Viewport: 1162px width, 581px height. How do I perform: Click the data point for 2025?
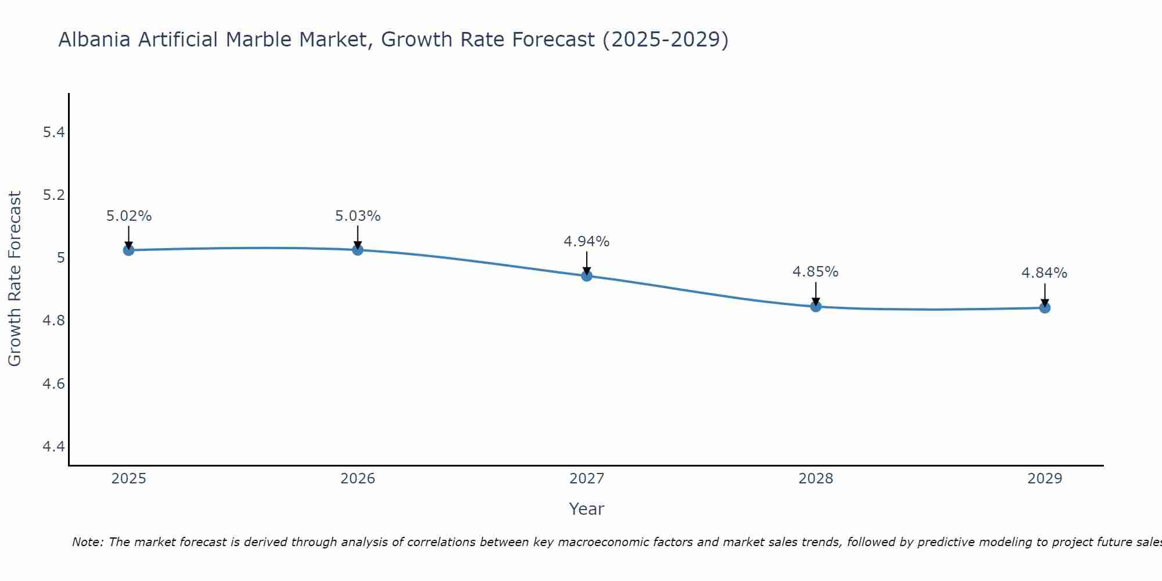pos(128,250)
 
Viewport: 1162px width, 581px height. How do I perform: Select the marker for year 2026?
pos(358,250)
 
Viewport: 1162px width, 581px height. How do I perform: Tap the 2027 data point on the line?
pos(587,275)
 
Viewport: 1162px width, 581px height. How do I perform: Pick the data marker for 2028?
pos(816,306)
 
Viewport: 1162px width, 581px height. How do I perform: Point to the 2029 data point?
pos(1045,307)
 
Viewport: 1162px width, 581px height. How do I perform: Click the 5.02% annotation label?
pos(128,216)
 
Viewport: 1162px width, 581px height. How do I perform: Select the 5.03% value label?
pos(358,216)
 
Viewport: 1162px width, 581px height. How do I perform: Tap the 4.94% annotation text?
pos(587,242)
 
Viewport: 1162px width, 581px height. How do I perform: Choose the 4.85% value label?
pos(816,272)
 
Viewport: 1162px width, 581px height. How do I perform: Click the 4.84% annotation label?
pos(1045,273)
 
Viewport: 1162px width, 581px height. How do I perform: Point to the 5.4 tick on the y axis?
pos(53,132)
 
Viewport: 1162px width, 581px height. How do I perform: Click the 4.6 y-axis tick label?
pos(53,383)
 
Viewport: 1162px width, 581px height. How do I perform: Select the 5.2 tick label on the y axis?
pos(53,195)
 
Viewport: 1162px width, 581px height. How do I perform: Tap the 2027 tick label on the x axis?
pos(587,479)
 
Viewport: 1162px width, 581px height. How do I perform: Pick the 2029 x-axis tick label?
pos(1045,479)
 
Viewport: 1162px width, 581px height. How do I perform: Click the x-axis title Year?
pos(587,509)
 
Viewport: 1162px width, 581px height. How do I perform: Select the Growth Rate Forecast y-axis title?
pos(15,279)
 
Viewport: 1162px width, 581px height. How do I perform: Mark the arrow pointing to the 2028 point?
pos(816,293)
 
